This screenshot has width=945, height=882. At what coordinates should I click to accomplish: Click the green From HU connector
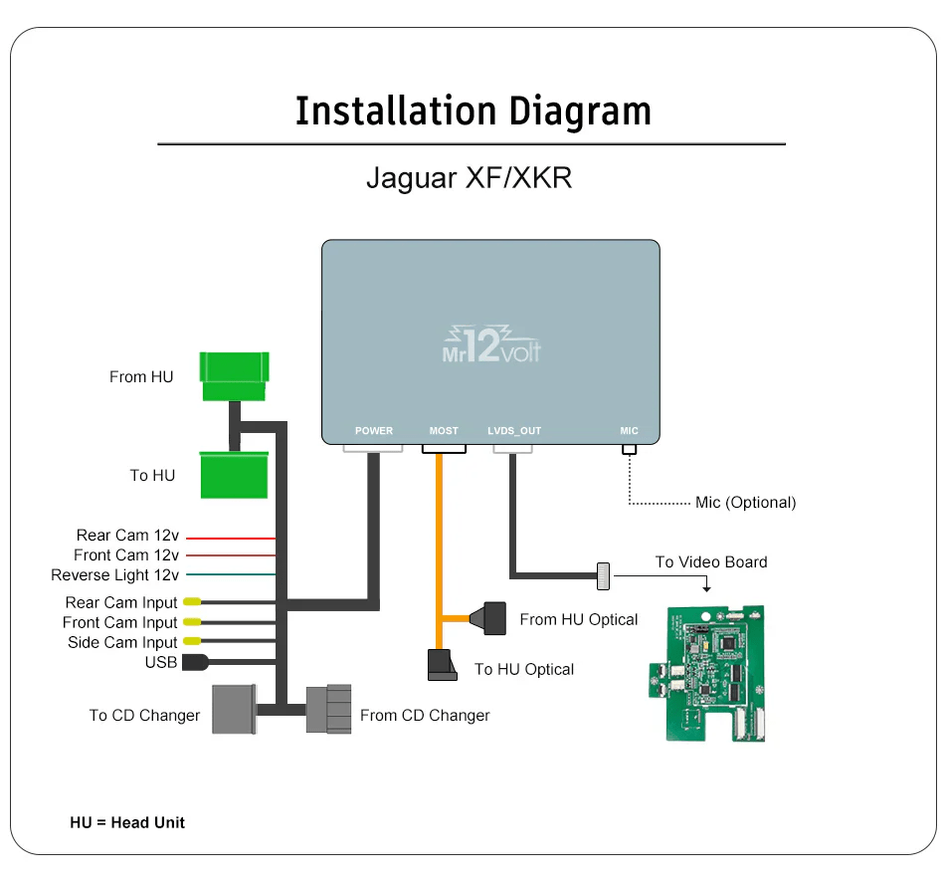(235, 376)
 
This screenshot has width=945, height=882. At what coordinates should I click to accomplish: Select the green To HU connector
(235, 475)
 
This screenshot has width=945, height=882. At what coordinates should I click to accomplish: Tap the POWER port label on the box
(374, 431)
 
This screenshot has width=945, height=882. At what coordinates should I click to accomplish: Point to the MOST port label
(444, 431)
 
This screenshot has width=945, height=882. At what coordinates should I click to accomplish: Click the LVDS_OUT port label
(514, 431)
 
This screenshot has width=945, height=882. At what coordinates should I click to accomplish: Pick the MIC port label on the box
(629, 431)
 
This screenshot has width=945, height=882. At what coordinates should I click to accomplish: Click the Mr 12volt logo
(490, 342)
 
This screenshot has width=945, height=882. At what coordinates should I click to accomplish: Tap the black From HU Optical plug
(494, 618)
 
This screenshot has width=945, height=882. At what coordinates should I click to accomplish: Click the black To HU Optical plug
(443, 665)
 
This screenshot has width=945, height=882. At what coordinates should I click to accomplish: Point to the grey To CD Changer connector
(235, 709)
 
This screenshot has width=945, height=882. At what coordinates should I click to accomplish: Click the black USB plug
(195, 662)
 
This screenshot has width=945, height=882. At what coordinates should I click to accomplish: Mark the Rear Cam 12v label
(127, 536)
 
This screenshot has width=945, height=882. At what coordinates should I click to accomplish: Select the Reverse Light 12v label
(115, 575)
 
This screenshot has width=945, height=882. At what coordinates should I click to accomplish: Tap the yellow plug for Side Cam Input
(191, 642)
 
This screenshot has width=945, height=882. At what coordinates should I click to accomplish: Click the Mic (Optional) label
(746, 503)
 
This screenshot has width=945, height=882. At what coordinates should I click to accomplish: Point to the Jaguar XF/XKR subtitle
(470, 179)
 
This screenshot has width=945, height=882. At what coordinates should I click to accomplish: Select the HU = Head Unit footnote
(127, 822)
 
